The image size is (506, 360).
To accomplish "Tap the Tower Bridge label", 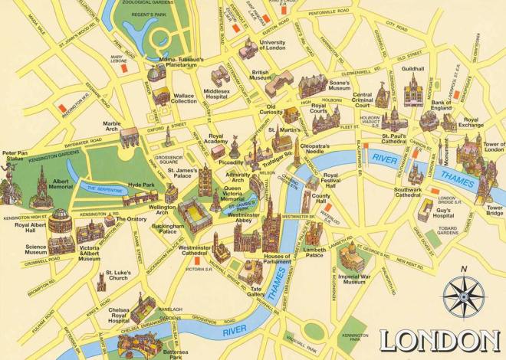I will point(495,211).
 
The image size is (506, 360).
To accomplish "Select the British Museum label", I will point(261,74).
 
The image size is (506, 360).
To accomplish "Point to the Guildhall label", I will point(412,69).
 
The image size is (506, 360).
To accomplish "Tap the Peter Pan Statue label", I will point(15,157).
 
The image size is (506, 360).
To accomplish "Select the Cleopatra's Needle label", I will point(315,149).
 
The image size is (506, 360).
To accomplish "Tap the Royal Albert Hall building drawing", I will point(60,223).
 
